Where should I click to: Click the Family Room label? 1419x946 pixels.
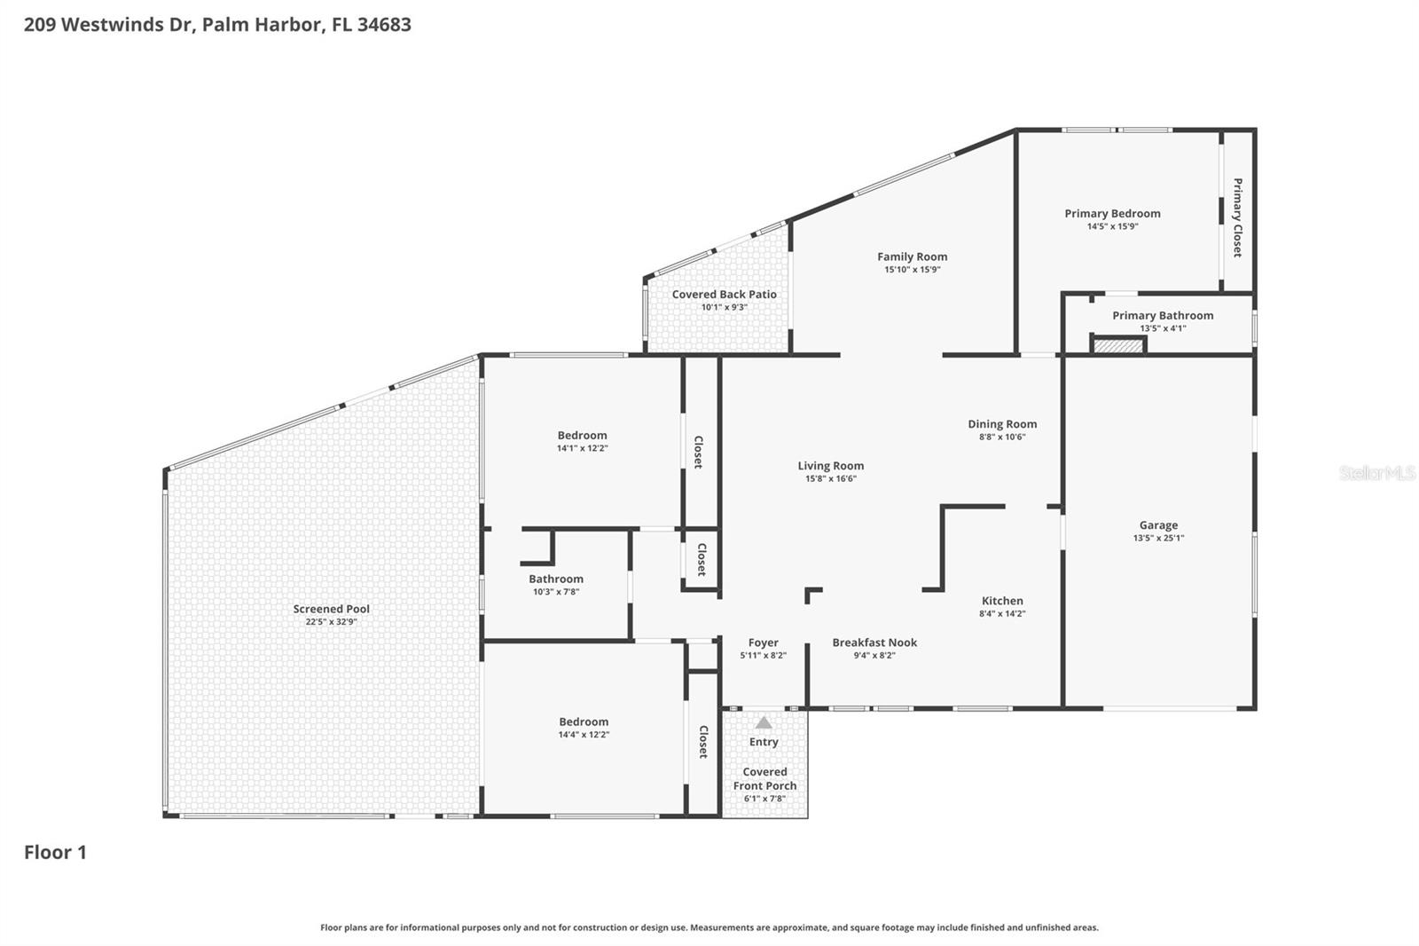click(x=912, y=257)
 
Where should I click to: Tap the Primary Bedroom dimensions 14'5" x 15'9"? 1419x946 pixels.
click(x=1112, y=226)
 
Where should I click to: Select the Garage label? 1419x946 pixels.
click(x=1158, y=525)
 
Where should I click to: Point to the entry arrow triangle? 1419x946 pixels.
click(x=764, y=722)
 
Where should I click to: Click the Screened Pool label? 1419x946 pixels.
click(x=331, y=609)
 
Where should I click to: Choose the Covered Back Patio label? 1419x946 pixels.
click(x=724, y=295)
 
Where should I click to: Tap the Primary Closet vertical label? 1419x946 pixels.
click(x=1237, y=217)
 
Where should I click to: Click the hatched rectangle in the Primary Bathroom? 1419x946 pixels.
click(x=1118, y=345)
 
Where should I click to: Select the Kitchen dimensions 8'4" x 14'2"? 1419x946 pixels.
click(x=1002, y=613)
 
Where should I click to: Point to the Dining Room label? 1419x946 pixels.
click(x=1002, y=424)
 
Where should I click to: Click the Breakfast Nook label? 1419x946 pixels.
click(x=874, y=642)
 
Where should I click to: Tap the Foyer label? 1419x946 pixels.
click(x=763, y=642)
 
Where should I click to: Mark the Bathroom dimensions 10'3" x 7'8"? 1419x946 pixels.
click(x=556, y=592)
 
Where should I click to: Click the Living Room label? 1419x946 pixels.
click(x=830, y=466)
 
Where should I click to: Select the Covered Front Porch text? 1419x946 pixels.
click(x=764, y=779)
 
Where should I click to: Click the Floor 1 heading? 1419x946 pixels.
click(x=55, y=852)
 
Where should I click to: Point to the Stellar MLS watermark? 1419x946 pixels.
click(x=1376, y=473)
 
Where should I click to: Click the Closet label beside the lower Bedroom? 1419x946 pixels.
click(x=703, y=742)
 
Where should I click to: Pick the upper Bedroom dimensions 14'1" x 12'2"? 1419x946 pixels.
click(x=582, y=448)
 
